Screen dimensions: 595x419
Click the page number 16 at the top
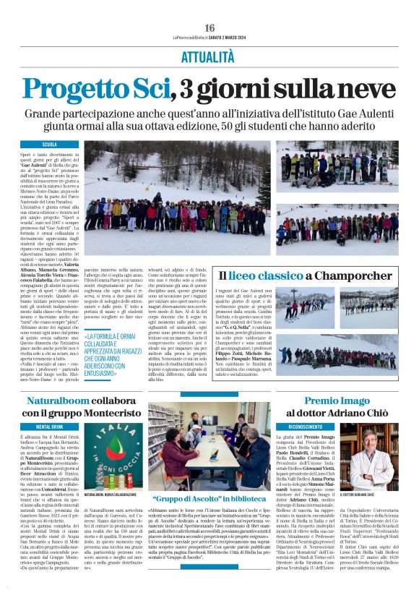[x=209, y=27]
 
